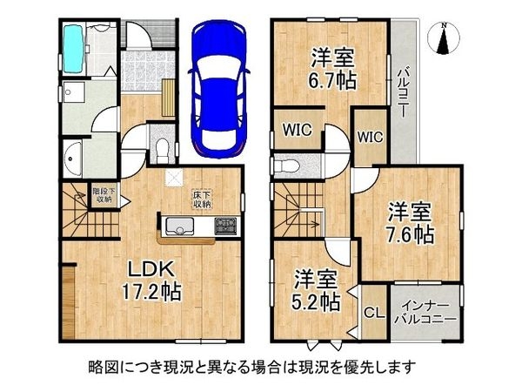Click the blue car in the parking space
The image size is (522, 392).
tap(219, 90)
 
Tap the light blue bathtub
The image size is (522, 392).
tap(74, 50)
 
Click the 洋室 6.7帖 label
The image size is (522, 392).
tap(332, 69)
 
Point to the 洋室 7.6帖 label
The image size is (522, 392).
tap(410, 223)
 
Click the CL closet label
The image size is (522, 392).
tap(374, 313)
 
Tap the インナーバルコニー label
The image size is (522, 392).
tap(425, 313)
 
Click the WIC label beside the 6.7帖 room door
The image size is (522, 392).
tap(298, 130)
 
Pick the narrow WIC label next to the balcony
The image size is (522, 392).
tap(371, 137)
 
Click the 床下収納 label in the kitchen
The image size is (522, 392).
tap(202, 199)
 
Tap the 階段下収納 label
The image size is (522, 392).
tap(104, 195)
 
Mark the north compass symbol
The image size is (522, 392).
tap(444, 38)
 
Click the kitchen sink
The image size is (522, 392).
tap(180, 226)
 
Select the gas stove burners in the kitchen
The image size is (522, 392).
tap(225, 226)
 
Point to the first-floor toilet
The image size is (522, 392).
tap(162, 149)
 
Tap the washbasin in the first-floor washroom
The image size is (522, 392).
tap(71, 159)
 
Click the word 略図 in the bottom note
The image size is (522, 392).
tap(99, 367)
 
